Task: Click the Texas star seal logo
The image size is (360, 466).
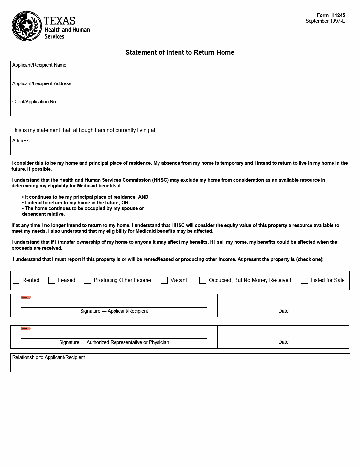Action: (27, 26)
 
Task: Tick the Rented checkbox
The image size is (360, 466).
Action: (16, 280)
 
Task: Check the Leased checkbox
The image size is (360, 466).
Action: (51, 280)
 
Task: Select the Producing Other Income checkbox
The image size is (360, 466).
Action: (87, 280)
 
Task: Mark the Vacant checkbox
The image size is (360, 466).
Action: (164, 280)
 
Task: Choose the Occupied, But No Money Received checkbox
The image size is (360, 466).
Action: (202, 280)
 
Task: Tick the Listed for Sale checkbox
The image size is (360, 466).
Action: (304, 280)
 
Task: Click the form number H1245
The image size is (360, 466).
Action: (338, 15)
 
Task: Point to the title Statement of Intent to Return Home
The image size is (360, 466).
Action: (180, 52)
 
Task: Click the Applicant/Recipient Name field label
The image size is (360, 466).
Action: (39, 65)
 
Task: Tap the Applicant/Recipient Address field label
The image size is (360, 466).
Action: (41, 83)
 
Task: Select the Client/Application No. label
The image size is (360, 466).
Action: (35, 102)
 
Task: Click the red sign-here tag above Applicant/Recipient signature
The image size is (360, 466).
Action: (26, 297)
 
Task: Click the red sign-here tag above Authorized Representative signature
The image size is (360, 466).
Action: (26, 328)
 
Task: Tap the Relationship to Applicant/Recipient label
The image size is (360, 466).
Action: (49, 357)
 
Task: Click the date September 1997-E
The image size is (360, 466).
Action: (325, 21)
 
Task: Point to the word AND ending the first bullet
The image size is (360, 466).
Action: (143, 197)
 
